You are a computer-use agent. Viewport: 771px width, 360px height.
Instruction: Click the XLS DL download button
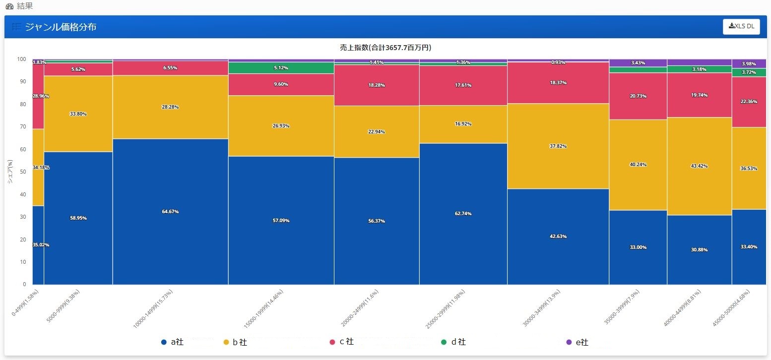[741, 26]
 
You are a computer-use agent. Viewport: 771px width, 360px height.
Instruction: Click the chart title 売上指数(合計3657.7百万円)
[382, 48]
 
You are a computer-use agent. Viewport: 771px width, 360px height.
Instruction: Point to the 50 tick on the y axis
[23, 172]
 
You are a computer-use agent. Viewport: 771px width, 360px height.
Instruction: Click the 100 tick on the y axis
[22, 60]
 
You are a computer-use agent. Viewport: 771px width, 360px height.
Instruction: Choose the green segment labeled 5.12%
[281, 68]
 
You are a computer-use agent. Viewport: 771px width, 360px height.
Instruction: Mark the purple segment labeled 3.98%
[749, 64]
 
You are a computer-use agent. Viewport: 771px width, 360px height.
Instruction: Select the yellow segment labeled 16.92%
[463, 124]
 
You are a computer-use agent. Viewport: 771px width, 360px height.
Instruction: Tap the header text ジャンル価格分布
[61, 27]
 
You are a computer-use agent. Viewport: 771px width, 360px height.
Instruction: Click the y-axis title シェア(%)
[10, 172]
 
